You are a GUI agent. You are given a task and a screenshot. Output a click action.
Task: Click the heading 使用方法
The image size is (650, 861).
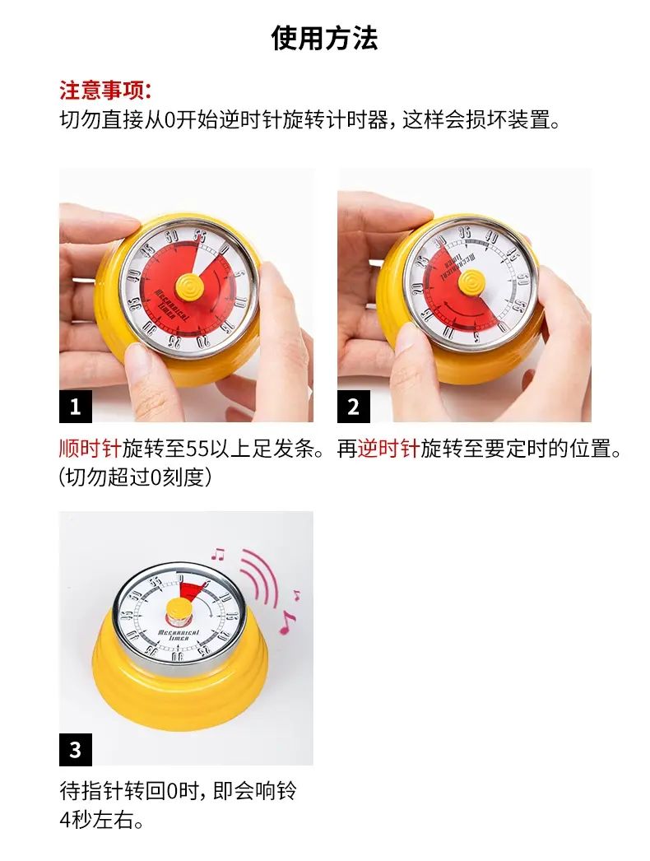tap(324, 38)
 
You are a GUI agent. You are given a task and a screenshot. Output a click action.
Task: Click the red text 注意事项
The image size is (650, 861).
tap(102, 91)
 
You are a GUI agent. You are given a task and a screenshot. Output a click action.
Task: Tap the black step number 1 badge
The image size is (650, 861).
tap(75, 407)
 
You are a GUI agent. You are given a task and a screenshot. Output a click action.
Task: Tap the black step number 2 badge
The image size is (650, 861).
tap(354, 407)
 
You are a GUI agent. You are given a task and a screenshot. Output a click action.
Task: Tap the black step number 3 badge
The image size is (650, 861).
tap(75, 750)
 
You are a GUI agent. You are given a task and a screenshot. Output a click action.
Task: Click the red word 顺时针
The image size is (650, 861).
tap(91, 449)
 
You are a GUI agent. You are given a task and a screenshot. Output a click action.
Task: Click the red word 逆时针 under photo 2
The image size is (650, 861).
tap(388, 449)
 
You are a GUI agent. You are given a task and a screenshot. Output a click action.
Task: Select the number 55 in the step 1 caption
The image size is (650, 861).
tap(197, 449)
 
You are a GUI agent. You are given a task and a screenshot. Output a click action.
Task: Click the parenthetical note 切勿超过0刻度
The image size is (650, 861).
tap(134, 477)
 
